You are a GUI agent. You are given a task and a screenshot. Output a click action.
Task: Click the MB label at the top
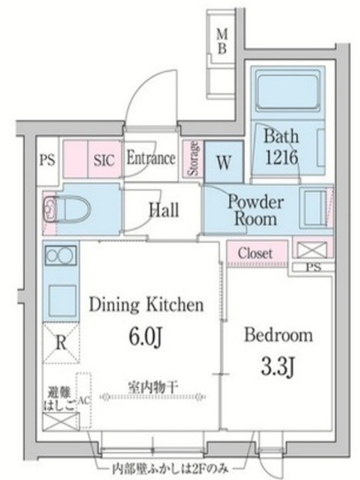[x=222, y=41]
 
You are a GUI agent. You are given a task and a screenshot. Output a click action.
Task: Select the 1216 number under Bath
[x=281, y=157]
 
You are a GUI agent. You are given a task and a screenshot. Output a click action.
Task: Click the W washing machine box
[x=224, y=162]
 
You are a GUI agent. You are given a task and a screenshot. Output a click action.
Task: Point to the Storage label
[x=194, y=158]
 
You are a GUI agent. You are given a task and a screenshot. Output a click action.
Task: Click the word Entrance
[x=151, y=158]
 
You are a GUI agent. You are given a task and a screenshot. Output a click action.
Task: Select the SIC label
[x=104, y=160]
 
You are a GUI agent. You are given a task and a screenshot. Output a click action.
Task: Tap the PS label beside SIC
[x=47, y=160]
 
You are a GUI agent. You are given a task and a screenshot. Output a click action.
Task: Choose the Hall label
[x=164, y=211]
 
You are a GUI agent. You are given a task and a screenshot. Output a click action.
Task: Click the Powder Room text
[x=256, y=211]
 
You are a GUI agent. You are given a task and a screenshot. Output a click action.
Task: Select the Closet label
[x=255, y=253]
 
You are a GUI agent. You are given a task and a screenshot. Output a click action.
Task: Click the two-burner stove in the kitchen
[x=61, y=255]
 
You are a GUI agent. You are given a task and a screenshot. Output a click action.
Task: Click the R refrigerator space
[x=61, y=343]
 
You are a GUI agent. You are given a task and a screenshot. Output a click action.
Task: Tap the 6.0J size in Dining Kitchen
[x=145, y=337]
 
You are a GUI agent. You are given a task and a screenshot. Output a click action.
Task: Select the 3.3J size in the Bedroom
[x=278, y=368]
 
